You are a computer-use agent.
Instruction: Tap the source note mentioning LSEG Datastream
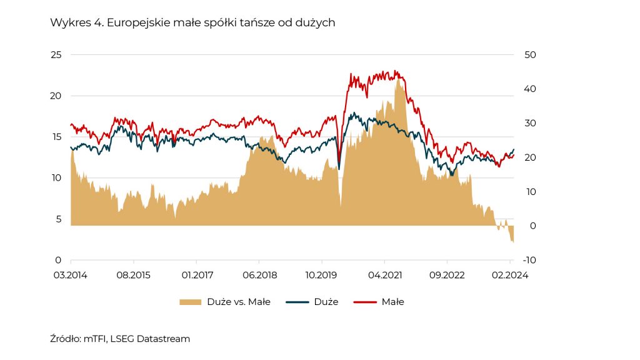120,339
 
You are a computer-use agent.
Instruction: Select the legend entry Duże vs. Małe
225,302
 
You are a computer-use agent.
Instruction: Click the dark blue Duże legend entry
312,302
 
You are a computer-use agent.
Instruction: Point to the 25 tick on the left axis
56,55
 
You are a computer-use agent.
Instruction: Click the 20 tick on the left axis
56,96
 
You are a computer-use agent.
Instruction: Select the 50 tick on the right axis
530,55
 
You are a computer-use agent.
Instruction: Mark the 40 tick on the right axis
530,89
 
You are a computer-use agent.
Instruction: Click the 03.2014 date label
71,274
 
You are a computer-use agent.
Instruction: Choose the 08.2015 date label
134,274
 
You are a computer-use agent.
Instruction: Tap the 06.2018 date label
259,274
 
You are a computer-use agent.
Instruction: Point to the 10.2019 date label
322,274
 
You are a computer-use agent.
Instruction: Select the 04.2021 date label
384,274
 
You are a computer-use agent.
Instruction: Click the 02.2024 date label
510,274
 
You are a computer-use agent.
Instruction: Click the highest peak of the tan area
398,79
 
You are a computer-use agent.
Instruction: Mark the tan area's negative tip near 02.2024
513,242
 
